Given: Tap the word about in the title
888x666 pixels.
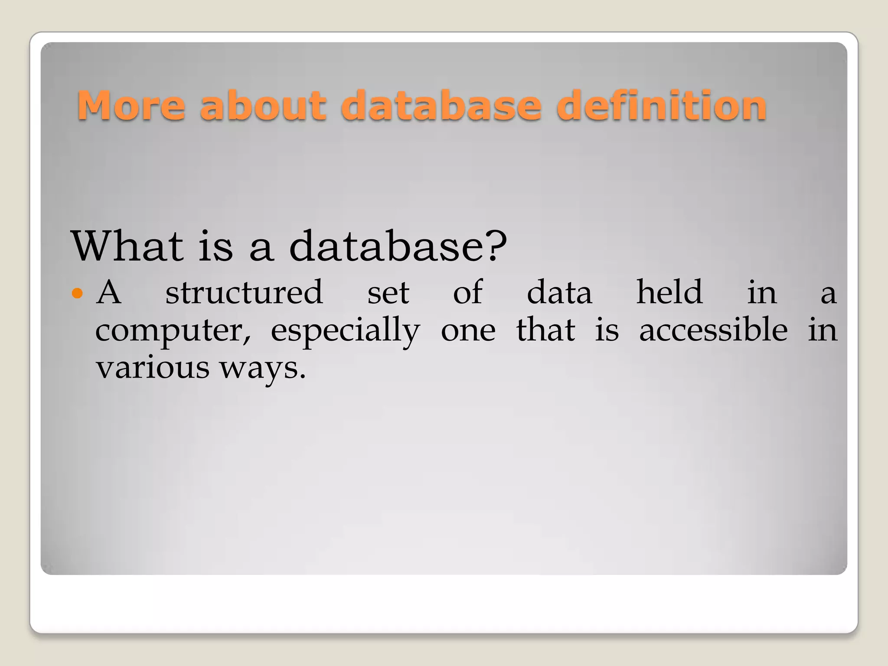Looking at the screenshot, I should [x=263, y=105].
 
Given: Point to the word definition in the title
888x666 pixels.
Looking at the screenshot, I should [x=661, y=105].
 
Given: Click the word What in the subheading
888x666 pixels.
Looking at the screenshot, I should [x=127, y=246].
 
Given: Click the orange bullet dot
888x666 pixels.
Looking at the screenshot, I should [x=77, y=294].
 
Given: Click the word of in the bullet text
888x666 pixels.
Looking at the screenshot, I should [x=468, y=292].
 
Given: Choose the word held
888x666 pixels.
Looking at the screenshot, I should [x=669, y=292].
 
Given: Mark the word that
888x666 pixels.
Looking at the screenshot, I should [x=545, y=330].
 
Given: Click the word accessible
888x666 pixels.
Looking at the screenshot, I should [x=713, y=330].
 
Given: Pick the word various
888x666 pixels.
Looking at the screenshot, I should [x=153, y=368].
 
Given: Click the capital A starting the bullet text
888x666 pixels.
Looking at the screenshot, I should [x=108, y=292].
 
